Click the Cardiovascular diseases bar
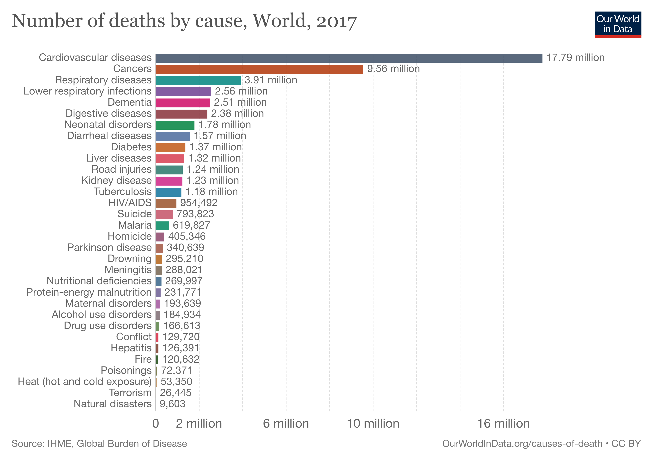[x=349, y=58]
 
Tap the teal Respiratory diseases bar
[x=198, y=80]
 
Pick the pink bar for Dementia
[x=183, y=103]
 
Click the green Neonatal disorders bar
[x=175, y=125]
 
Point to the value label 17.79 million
[x=575, y=58]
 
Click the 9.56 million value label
[x=393, y=69]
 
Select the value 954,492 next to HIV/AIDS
[x=199, y=203]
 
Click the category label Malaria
[x=135, y=225]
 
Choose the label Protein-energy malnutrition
[x=89, y=292]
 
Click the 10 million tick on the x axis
[x=373, y=424]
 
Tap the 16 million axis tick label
[x=503, y=424]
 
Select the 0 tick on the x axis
[x=156, y=424]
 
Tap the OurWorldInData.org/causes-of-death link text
[x=522, y=444]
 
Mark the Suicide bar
[x=164, y=214]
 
